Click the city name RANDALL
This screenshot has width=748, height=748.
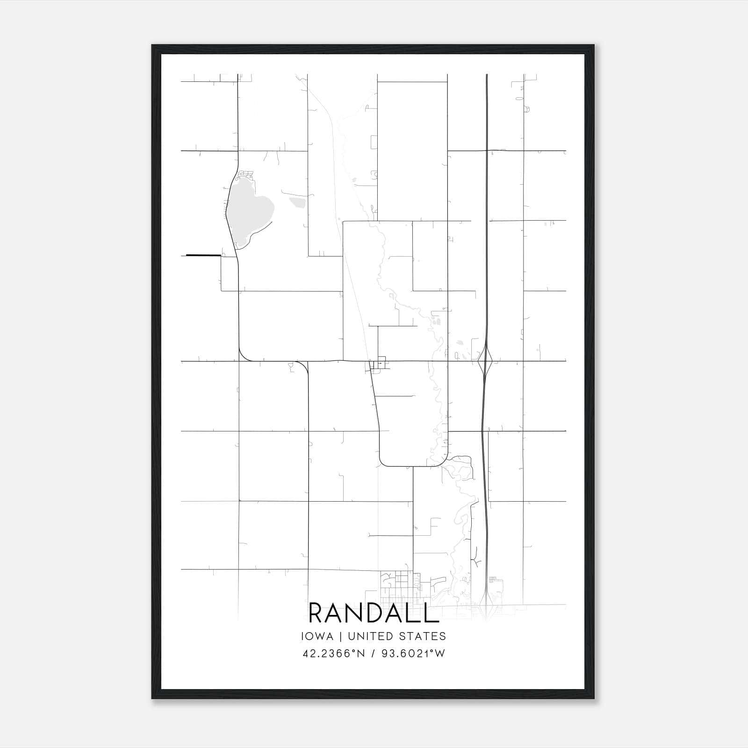tap(374, 613)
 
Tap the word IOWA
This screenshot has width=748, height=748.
tap(317, 636)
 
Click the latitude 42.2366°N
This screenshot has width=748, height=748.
tap(333, 654)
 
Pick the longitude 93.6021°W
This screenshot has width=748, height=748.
tap(413, 654)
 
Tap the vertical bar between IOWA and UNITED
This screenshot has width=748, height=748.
tap(340, 636)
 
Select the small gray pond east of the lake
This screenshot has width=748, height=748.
tap(297, 202)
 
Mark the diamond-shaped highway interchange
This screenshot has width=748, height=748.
tap(486, 361)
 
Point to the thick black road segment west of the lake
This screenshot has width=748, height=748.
tap(203, 255)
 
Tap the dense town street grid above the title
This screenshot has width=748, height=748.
tap(397, 584)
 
